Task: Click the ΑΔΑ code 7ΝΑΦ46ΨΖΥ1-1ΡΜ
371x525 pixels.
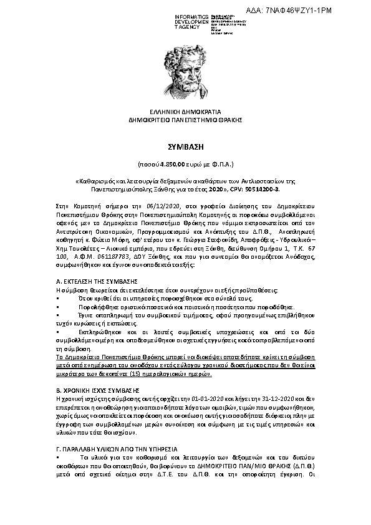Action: pyautogui.click(x=325, y=11)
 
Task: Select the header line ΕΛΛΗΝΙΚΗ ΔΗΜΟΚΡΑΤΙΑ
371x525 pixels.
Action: pyautogui.click(x=185, y=111)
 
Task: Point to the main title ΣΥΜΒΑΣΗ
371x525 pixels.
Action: pyautogui.click(x=185, y=144)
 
